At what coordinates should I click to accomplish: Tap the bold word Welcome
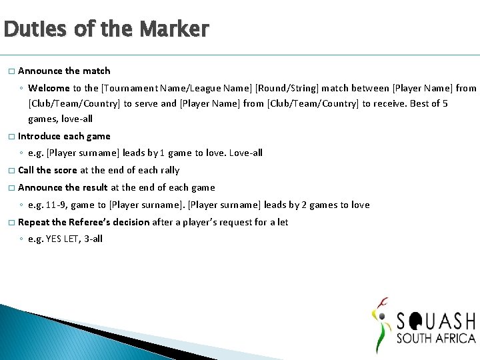point(49,88)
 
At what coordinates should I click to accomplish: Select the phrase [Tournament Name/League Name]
point(157,88)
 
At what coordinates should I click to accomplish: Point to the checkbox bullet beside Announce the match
point(10,71)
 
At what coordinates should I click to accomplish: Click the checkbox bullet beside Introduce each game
point(10,137)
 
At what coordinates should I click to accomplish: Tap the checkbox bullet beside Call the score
point(10,171)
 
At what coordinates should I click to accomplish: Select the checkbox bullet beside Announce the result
point(10,188)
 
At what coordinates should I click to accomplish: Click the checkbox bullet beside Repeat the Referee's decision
point(10,223)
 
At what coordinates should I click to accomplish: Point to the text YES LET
point(63,239)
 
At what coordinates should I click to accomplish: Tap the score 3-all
point(93,239)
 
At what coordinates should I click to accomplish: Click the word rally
point(169,171)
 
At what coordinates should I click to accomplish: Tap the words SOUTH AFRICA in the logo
point(436,339)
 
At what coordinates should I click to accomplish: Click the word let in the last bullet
point(281,223)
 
